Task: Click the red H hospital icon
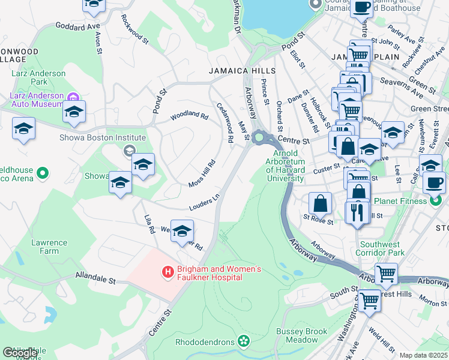168,272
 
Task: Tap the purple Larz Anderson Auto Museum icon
73,97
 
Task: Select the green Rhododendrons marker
243,342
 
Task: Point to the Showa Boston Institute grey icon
128,151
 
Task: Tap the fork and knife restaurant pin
357,212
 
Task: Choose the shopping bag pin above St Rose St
321,203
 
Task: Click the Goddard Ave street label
77,26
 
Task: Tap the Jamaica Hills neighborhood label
242,71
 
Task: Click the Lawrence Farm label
49,247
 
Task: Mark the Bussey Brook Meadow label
302,335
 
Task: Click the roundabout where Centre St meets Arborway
260,137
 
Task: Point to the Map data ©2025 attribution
424,355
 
